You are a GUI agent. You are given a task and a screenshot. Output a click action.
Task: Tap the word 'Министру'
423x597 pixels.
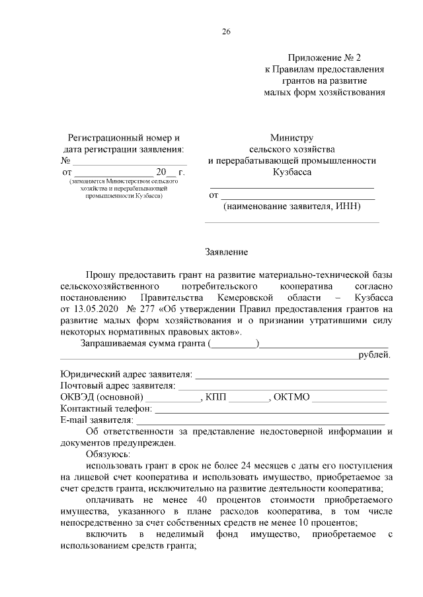tap(291, 139)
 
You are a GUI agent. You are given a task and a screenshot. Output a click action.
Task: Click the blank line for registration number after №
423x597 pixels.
tap(129, 160)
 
